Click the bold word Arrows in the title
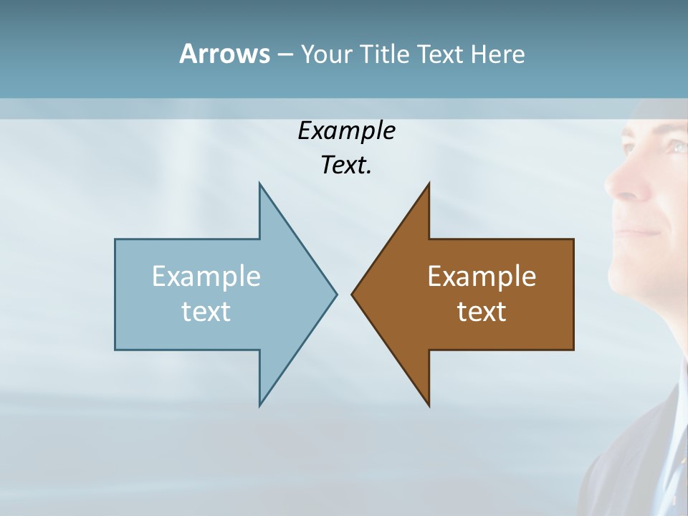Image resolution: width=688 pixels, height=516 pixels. (224, 54)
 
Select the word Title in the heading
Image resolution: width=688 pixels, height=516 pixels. (386, 54)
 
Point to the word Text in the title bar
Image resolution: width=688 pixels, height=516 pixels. (441, 54)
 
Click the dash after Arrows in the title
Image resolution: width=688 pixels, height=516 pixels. (285, 55)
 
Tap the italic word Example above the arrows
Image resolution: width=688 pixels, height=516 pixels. (346, 130)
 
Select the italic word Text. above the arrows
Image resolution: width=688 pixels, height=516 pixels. (346, 165)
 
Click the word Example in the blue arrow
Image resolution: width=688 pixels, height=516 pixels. (206, 276)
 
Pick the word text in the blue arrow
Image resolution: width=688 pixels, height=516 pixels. (206, 311)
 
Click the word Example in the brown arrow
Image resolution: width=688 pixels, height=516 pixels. (482, 276)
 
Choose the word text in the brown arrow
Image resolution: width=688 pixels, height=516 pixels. (482, 311)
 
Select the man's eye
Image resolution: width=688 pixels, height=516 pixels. (674, 146)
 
